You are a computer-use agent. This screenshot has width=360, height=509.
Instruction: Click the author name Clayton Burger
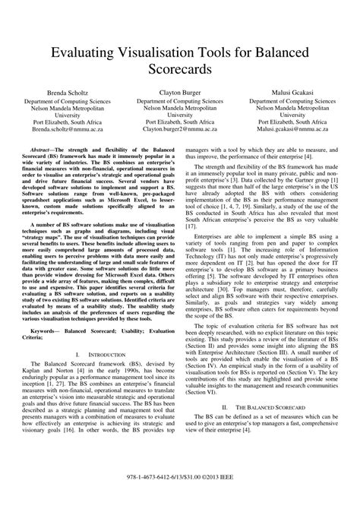tap(179, 90)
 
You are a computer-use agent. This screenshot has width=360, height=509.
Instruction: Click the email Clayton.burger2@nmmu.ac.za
tap(179, 130)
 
